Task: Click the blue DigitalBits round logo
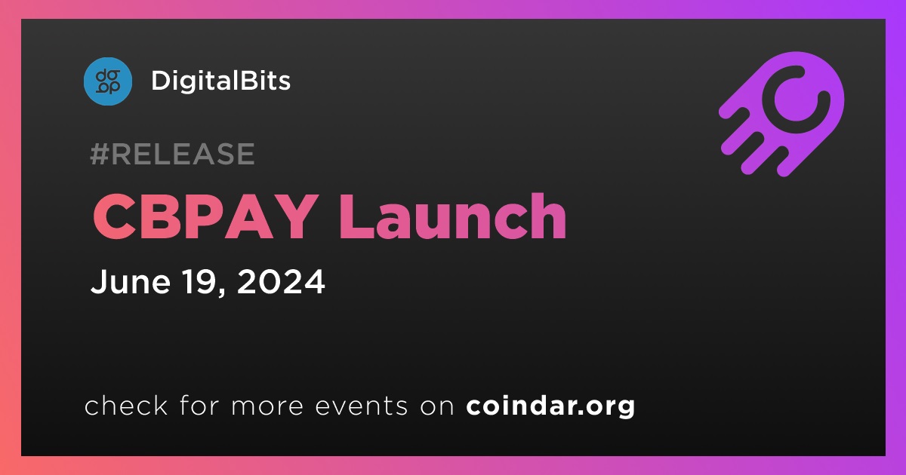pos(107,81)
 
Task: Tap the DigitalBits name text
pos(220,81)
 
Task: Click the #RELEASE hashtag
pos(172,154)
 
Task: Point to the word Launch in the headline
pos(452,216)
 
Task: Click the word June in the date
pos(130,281)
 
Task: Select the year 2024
pos(281,281)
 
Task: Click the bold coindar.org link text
pos(550,406)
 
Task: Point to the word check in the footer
pos(126,405)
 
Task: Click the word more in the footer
pos(267,406)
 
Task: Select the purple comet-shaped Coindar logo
pos(781,115)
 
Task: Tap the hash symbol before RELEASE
pos(100,154)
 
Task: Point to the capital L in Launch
pos(356,216)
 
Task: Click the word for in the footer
pos(199,405)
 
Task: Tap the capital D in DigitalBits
pos(161,81)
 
